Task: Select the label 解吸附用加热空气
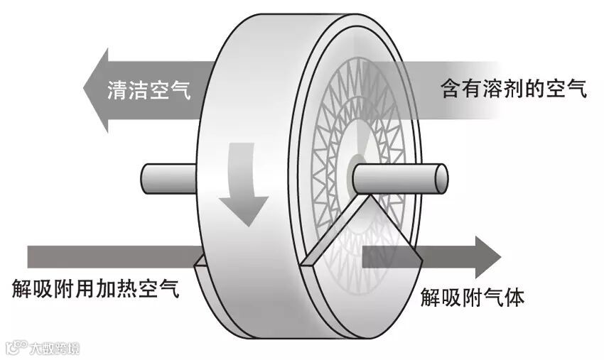coord(95,290)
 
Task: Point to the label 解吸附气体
coord(472,298)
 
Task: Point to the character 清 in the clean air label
coord(117,90)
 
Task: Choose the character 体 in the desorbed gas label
coord(514,298)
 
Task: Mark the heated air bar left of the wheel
coord(107,256)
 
